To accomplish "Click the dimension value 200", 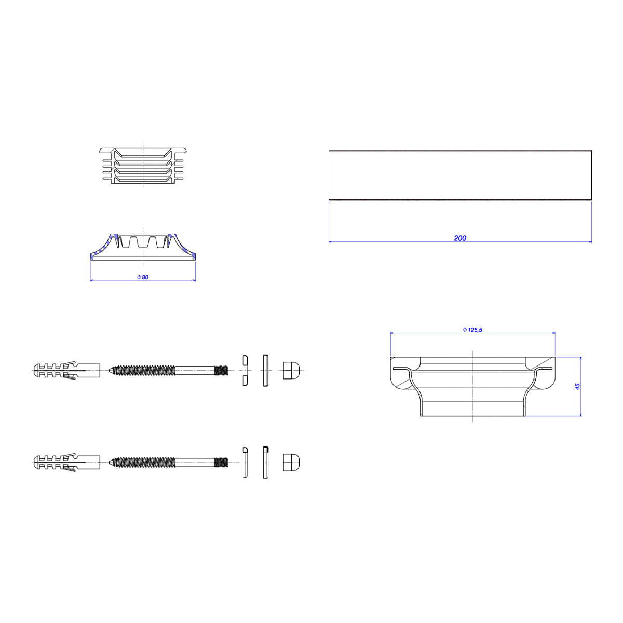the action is pos(460,238).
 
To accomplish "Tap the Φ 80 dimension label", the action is pos(143,277).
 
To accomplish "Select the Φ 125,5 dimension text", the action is pos(472,330).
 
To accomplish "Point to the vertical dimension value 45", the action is pos(577,386).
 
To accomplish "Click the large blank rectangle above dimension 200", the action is pos(460,175).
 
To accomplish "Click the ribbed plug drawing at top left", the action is pos(143,166).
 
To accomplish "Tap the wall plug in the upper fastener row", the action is pos(66,370).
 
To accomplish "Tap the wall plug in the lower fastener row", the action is pos(66,463).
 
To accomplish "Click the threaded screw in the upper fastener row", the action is pos(168,370).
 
